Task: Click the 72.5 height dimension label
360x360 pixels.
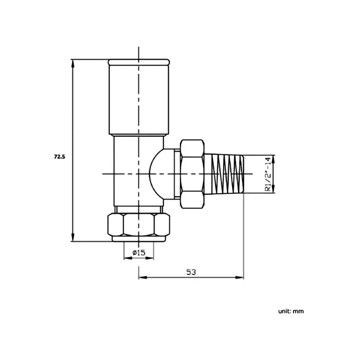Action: [59, 157]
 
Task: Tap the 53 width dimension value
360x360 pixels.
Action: [191, 272]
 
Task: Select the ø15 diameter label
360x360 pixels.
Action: [138, 253]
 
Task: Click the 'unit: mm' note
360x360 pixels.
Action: [291, 311]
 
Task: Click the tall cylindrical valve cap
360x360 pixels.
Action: [138, 100]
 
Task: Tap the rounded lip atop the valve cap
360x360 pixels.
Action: [138, 61]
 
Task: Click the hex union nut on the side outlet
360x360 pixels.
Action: [192, 173]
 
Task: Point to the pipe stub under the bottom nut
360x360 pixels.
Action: [138, 240]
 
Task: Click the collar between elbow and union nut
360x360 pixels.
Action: [176, 173]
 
